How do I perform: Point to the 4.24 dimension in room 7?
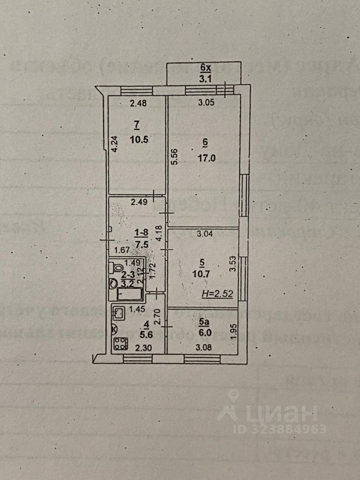click(x=114, y=144)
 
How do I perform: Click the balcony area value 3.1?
click(x=205, y=78)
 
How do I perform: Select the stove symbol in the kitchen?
click(x=120, y=345)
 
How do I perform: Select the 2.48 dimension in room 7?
click(x=137, y=104)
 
